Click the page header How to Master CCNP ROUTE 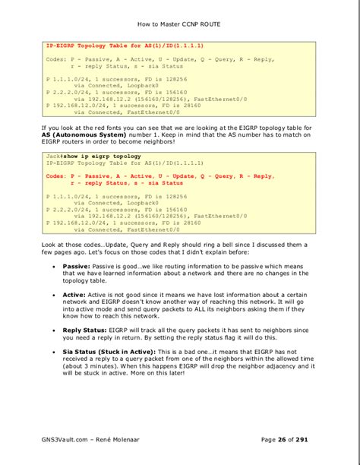click(x=180, y=24)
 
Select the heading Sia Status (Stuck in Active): click(x=109, y=352)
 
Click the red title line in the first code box click(x=124, y=46)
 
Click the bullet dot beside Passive click(x=52, y=267)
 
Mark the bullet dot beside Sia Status click(x=52, y=353)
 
